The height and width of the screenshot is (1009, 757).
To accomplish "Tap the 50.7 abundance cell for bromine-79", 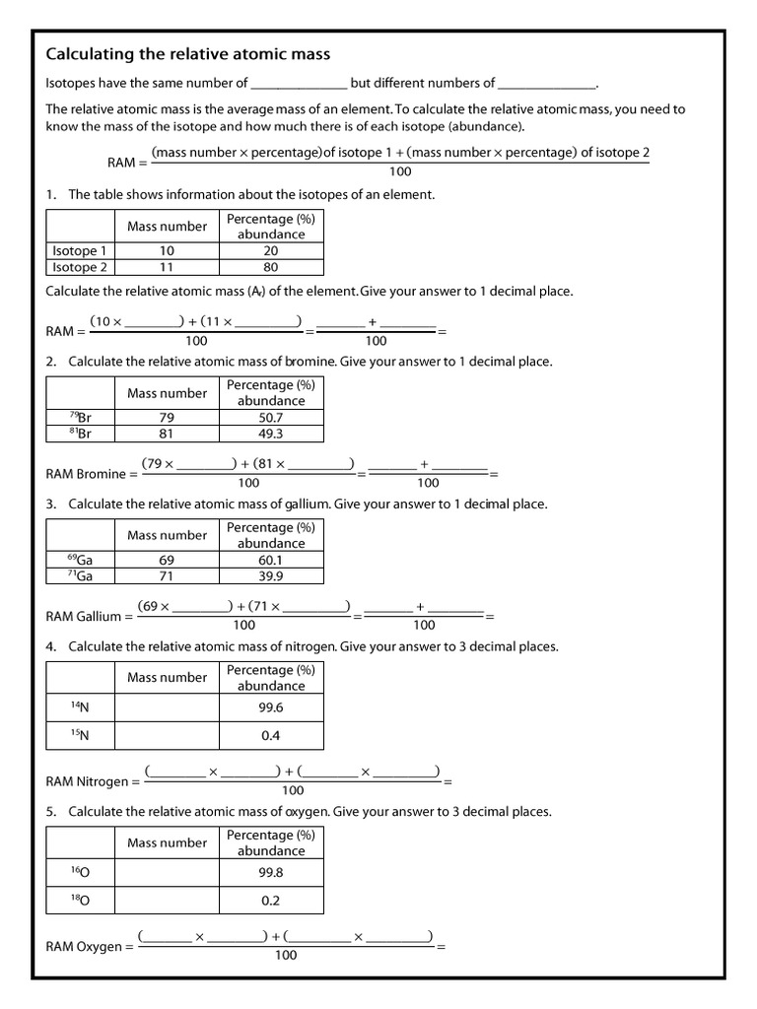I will [270, 418].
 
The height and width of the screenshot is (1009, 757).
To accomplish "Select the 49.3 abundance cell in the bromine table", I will [270, 434].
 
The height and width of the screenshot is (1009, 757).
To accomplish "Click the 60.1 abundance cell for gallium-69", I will [270, 560].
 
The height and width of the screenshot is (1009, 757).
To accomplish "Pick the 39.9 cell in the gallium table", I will [270, 575].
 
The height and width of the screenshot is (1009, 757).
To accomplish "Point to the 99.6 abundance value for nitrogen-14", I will [270, 707].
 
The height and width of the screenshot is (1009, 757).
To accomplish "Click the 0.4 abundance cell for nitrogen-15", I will [270, 735].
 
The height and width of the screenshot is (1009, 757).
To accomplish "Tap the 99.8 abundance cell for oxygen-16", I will [270, 873].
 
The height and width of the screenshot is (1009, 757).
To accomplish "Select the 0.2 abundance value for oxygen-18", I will [270, 901].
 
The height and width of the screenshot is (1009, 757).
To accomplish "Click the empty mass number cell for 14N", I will [167, 707].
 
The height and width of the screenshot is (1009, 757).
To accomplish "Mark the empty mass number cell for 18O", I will [167, 901].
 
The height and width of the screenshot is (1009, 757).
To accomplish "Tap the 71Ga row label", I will [81, 575].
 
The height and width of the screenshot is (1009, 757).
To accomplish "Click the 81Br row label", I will [81, 434].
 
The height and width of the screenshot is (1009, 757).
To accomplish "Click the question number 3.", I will [51, 504].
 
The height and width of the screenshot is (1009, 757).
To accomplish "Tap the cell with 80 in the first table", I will [270, 267].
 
